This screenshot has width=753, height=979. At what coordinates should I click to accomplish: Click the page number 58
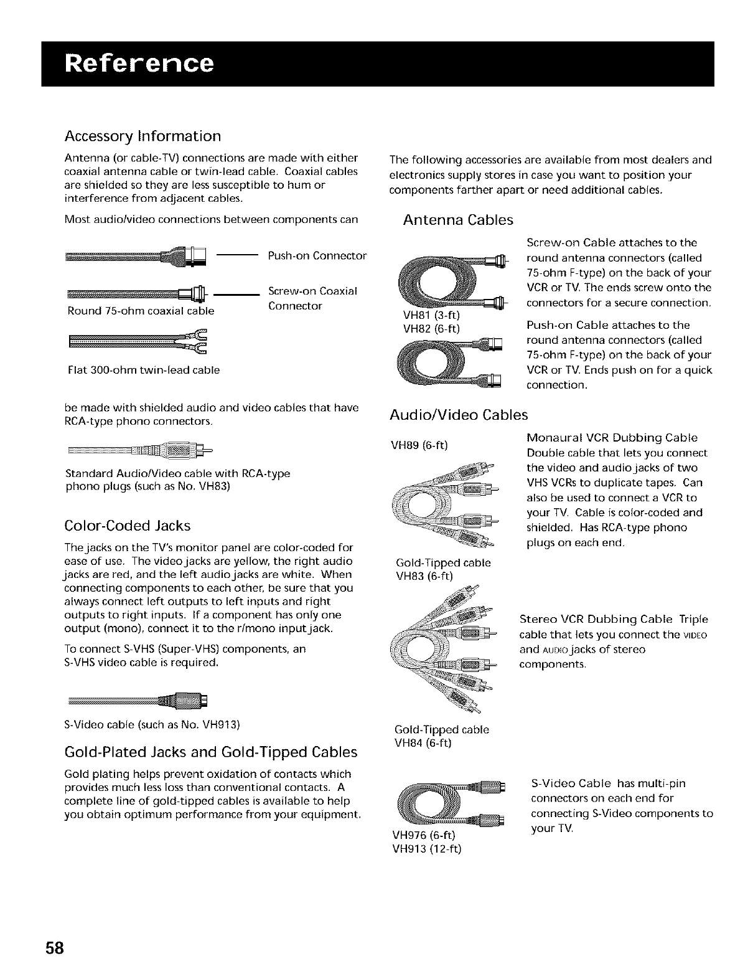point(54,948)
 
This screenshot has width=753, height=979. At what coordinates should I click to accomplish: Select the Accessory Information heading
point(143,136)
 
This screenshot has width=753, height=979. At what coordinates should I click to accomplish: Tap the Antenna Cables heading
point(458,220)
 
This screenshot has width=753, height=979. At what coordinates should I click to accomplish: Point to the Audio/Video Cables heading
point(458,415)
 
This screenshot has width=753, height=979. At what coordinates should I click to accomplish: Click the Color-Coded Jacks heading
point(128,526)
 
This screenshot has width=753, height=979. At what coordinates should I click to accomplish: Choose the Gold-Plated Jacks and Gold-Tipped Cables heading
point(211,752)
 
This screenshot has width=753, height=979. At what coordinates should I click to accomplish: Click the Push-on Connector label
point(317,256)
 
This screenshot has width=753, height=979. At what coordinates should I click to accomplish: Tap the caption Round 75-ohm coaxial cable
point(140,310)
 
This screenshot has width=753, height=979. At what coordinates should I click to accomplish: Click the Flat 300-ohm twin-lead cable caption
point(143,370)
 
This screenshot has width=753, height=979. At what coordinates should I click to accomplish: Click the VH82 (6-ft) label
point(431,328)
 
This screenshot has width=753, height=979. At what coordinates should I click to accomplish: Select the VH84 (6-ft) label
point(423,742)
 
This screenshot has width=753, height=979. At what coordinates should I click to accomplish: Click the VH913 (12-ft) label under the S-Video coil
point(426,848)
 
